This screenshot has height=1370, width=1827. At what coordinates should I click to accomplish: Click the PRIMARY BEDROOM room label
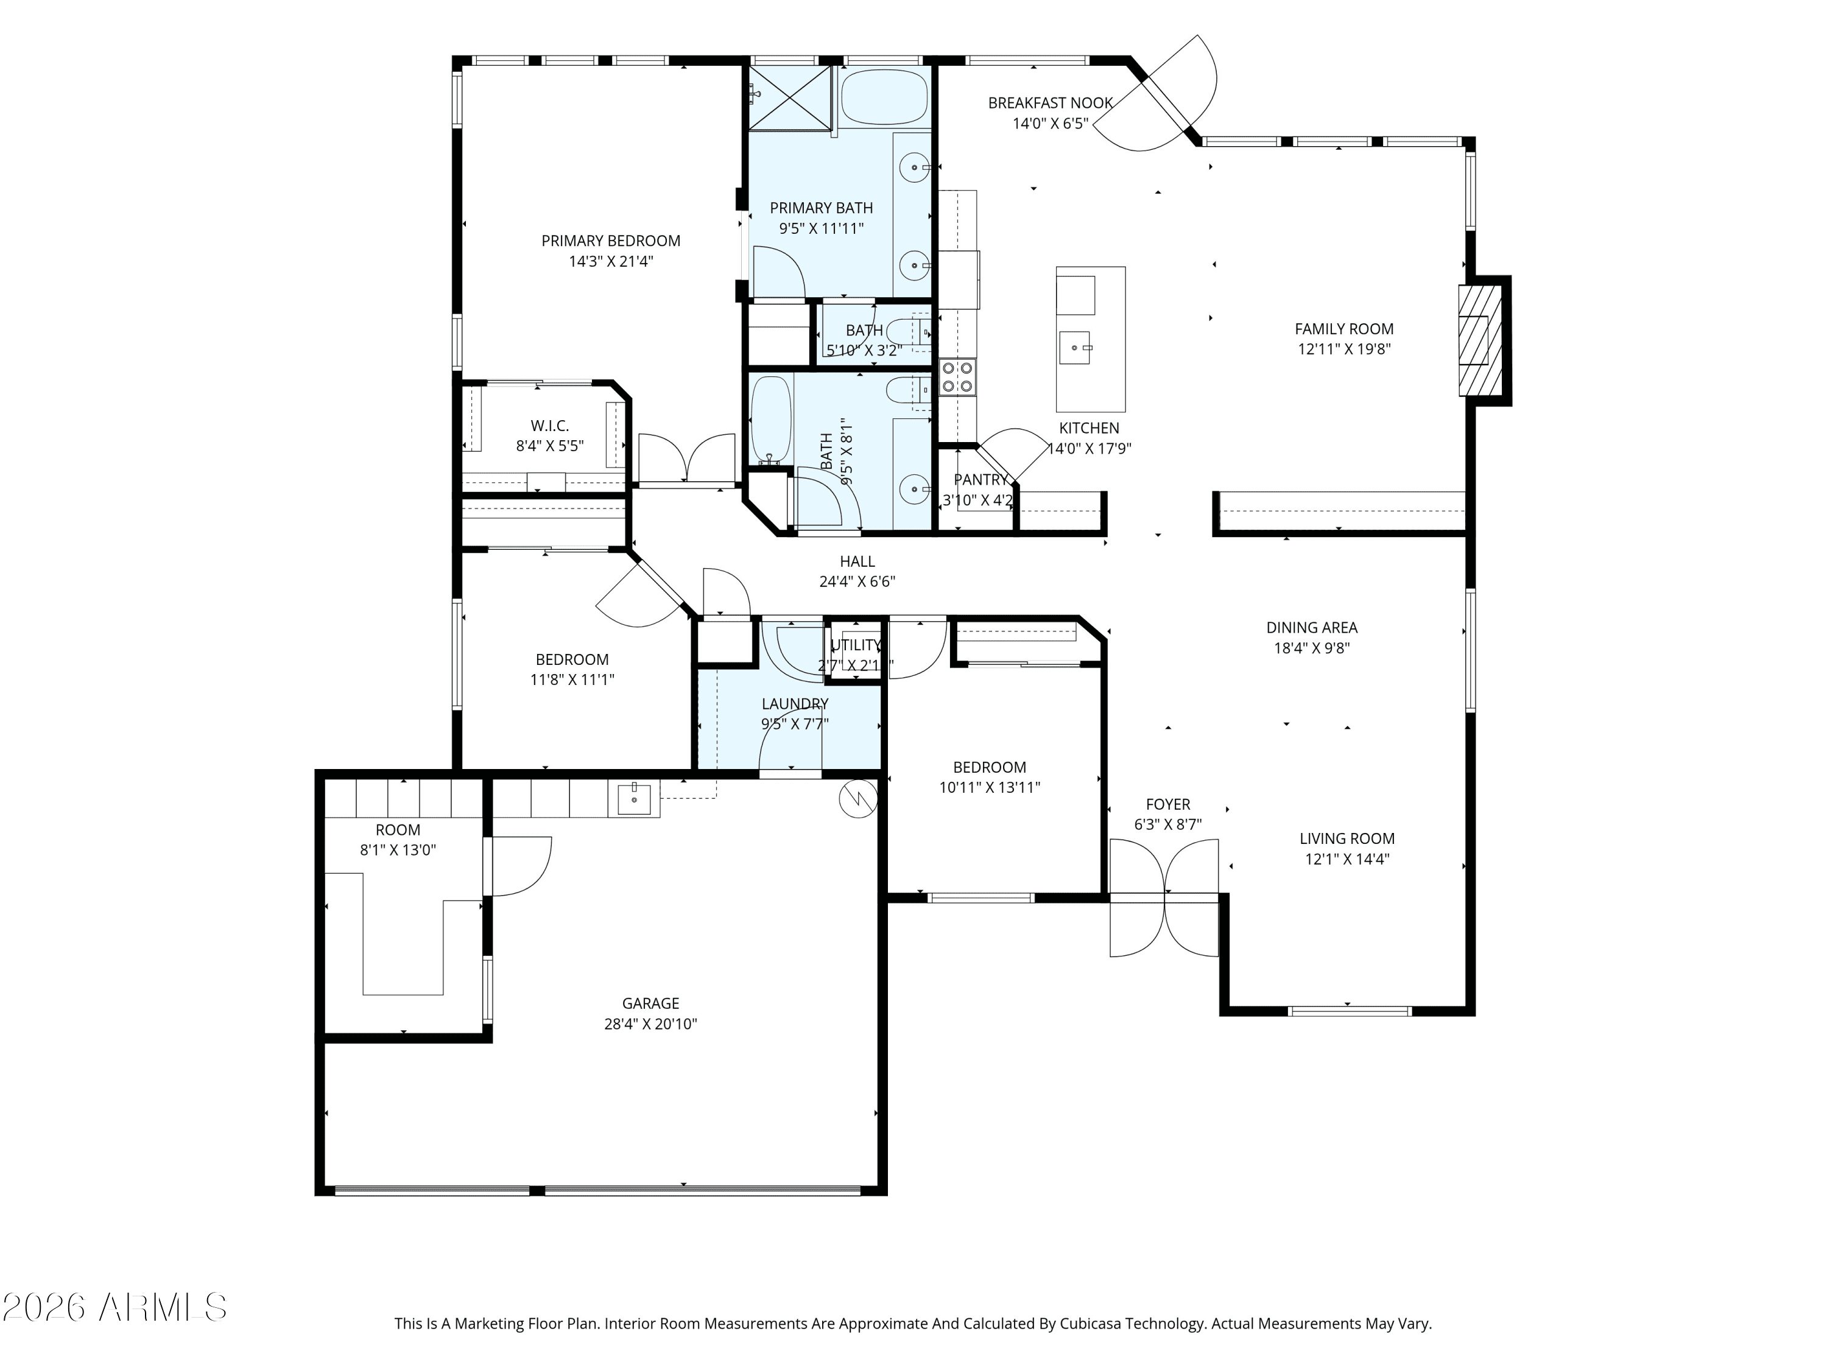(610, 241)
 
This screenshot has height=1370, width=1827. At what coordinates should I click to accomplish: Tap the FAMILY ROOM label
(1344, 329)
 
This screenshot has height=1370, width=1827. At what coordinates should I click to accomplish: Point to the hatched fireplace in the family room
(1479, 340)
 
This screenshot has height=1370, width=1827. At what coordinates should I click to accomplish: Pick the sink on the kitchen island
(1074, 348)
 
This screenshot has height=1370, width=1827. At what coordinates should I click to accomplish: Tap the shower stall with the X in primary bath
(790, 97)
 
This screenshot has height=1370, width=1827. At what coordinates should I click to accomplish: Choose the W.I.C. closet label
(549, 426)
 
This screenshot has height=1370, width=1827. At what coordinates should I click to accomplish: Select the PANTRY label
(980, 480)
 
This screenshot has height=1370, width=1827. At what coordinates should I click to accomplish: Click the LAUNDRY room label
(795, 704)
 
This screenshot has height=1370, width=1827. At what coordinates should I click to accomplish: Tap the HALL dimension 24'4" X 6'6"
(857, 581)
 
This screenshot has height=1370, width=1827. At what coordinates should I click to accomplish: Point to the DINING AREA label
(1312, 628)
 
